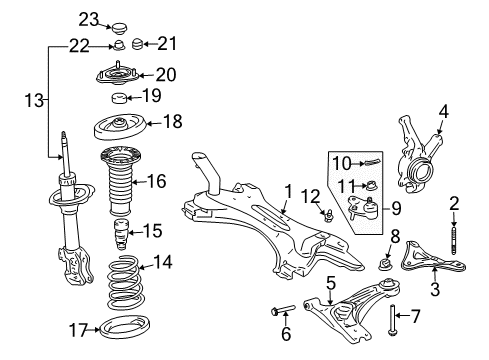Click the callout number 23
[x=89, y=19]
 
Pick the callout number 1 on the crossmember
[x=287, y=191]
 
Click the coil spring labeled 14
[x=117, y=283]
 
